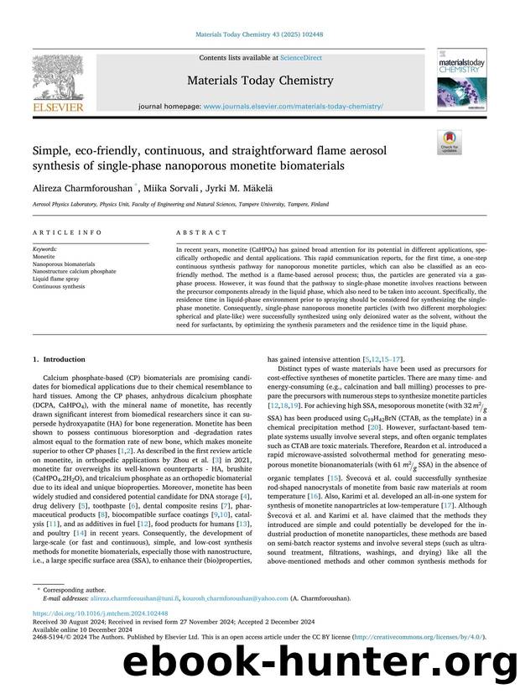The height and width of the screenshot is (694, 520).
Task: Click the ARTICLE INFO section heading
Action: pyautogui.click(x=67, y=232)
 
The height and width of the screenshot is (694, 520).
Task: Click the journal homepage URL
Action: pyautogui.click(x=293, y=107)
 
